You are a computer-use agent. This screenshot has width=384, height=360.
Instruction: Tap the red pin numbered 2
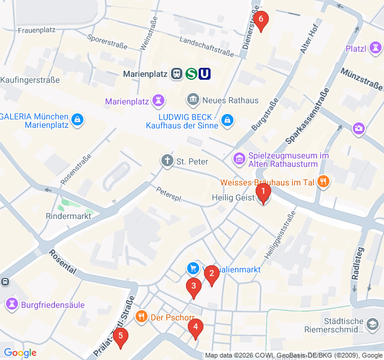211,275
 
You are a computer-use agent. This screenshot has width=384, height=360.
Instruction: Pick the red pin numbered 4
195,328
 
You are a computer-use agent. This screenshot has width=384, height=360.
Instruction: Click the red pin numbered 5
121,337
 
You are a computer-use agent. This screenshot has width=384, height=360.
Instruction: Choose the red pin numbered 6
260,20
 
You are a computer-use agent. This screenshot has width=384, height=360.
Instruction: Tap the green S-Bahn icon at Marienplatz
191,74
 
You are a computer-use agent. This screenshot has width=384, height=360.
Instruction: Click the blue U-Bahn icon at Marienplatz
205,74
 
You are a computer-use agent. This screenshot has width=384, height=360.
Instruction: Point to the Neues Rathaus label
230,100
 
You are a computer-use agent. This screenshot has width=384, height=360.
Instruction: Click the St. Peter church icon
167,161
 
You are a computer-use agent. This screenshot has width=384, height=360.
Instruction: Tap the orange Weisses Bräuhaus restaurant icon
323,181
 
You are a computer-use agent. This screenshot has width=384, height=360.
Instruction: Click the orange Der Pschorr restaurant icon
142,317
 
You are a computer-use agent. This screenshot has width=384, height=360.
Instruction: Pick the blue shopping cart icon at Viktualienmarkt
193,268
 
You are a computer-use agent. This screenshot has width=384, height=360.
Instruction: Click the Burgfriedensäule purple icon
11,304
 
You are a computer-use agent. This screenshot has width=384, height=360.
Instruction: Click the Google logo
20,353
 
